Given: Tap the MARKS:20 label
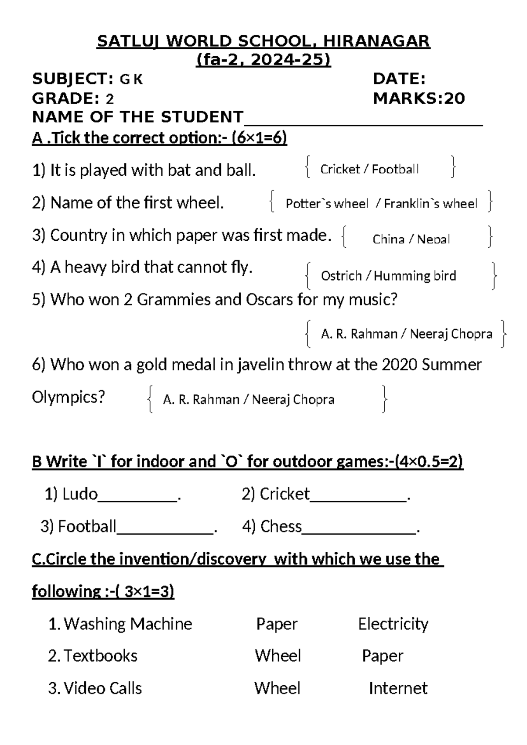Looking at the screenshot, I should (x=419, y=98).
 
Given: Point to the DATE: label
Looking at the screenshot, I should (x=399, y=79).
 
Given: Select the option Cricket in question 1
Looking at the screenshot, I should (x=340, y=169).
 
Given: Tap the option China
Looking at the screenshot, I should (x=388, y=239).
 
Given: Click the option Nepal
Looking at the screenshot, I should (x=433, y=239).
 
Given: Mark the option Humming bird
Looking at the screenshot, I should (x=415, y=276).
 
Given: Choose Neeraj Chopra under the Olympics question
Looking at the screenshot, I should (x=293, y=399).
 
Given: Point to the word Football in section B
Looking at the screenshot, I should (x=87, y=526).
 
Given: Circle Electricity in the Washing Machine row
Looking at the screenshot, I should (x=393, y=624).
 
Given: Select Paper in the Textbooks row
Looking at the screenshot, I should (x=382, y=656).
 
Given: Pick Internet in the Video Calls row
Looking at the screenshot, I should (x=398, y=688).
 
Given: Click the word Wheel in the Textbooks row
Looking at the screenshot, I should (x=278, y=656).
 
